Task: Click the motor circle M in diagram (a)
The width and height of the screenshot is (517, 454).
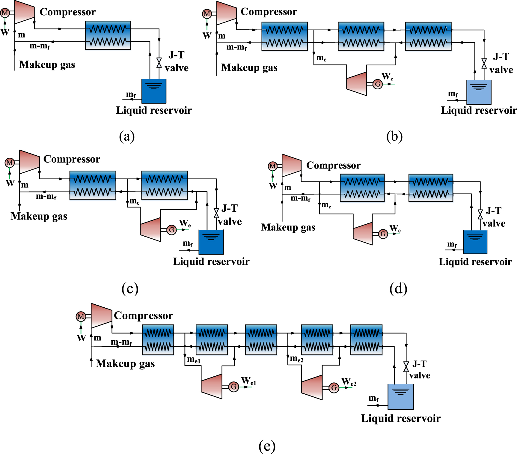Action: pyautogui.click(x=5, y=13)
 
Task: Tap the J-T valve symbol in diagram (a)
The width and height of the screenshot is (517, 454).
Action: pyautogui.click(x=159, y=63)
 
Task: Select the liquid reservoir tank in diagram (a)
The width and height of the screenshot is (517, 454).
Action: pyautogui.click(x=154, y=91)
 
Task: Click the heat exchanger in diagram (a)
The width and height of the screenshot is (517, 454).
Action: pyautogui.click(x=108, y=35)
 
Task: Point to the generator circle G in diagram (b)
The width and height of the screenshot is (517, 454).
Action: pyautogui.click(x=378, y=84)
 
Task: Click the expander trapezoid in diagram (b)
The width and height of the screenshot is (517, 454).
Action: pyautogui.click(x=357, y=84)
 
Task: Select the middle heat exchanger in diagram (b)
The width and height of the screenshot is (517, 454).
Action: pyautogui.click(x=361, y=36)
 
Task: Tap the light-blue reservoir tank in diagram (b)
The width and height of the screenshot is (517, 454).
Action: pyautogui.click(x=479, y=92)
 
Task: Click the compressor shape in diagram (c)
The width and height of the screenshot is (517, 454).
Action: pyautogui.click(x=29, y=162)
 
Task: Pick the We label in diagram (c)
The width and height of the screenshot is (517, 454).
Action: pyautogui.click(x=185, y=223)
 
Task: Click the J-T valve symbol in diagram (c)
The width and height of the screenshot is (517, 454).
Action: pyautogui.click(x=216, y=213)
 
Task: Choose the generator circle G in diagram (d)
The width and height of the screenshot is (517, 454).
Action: pyautogui.click(x=383, y=234)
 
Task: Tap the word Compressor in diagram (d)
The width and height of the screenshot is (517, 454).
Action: pyautogui.click(x=333, y=165)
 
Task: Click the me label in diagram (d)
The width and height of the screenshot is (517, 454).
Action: pyautogui.click(x=326, y=205)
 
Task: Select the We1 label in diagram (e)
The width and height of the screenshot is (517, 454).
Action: pyautogui.click(x=249, y=381)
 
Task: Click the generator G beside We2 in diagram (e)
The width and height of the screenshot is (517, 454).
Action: pyautogui.click(x=334, y=388)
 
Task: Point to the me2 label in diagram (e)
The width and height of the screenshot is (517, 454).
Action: pyautogui.click(x=297, y=359)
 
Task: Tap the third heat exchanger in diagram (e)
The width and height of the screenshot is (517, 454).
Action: pyautogui.click(x=261, y=340)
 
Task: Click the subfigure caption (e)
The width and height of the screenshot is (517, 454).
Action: pyautogui.click(x=267, y=446)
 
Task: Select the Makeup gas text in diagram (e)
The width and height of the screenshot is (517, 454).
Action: pyautogui.click(x=125, y=363)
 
